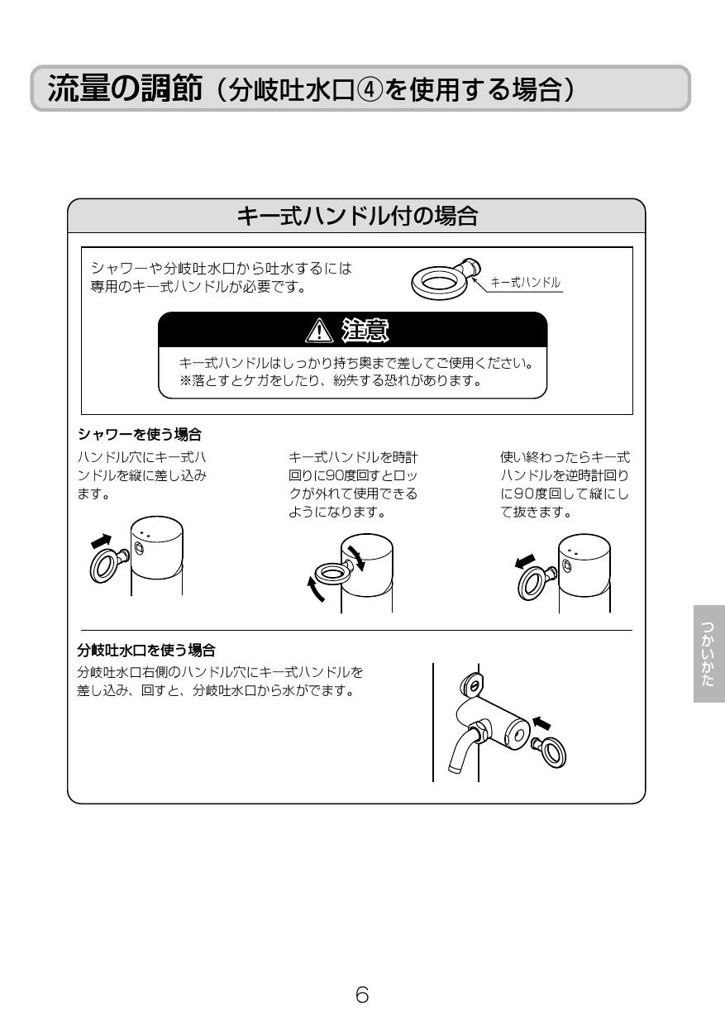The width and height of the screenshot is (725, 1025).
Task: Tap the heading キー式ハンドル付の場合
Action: [x=356, y=217]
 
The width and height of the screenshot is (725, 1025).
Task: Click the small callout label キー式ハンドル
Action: [x=525, y=283]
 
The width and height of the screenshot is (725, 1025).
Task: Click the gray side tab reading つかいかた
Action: [x=708, y=653]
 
